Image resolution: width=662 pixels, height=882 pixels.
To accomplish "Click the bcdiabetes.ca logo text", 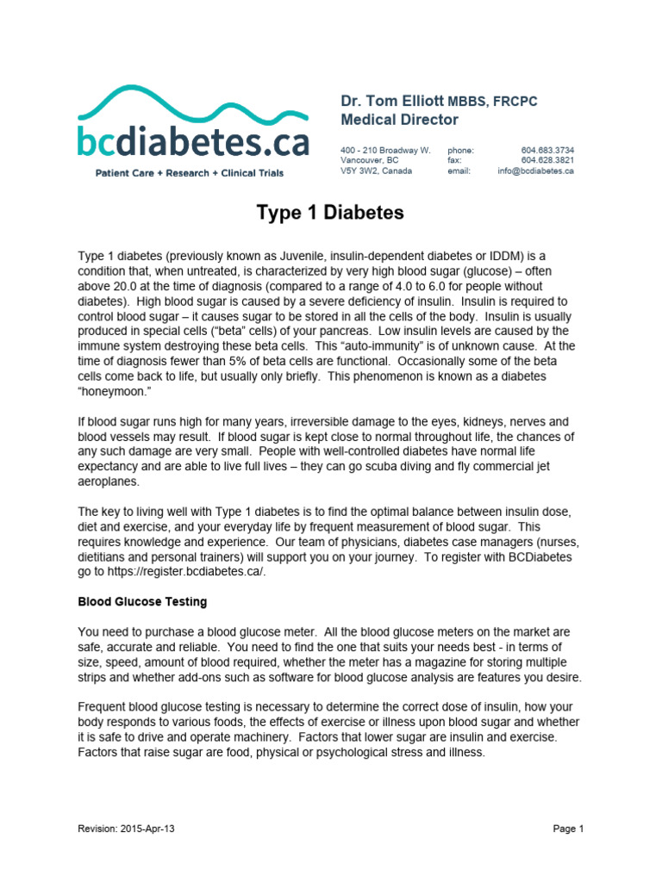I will pos(193,140).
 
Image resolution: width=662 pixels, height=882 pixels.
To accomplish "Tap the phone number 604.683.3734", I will pos(547,150).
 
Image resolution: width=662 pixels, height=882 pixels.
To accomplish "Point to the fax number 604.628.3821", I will pos(547,160).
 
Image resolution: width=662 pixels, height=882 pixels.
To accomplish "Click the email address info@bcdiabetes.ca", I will pos(535,171).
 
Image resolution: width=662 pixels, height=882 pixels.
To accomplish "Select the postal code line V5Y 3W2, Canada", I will pos(376,171).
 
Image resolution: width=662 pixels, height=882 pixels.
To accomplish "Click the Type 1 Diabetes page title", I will pos(330,213).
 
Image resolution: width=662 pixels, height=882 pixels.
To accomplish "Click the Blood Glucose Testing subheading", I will pos(142,601).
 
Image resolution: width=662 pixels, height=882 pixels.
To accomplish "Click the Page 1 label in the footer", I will pos(568,829).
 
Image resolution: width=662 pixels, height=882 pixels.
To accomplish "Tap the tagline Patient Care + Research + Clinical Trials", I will pos(189,173).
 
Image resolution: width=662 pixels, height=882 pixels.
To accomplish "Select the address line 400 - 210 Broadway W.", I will pos(385,150).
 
